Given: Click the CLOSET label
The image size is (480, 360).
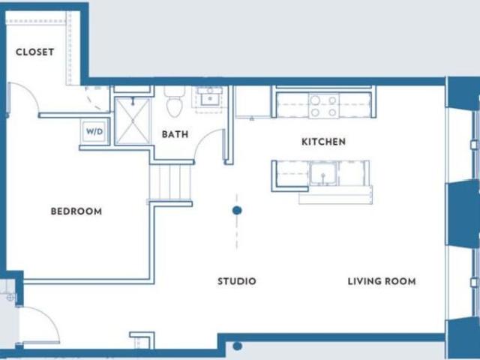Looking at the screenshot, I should coord(34,52).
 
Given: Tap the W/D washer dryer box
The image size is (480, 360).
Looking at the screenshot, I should coord(94,131).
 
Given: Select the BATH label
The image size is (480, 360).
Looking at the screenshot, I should coord(175,135).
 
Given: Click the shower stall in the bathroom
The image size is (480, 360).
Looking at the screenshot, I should coord(133,121).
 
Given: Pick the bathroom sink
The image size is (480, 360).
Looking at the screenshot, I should coord(208,97).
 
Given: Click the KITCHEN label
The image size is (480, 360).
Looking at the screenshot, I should coord(323,142).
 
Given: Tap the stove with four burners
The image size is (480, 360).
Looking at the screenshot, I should coord(323,106).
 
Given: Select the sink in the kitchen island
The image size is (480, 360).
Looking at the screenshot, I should coord(324,173).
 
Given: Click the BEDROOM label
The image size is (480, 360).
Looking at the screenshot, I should coord(76,211).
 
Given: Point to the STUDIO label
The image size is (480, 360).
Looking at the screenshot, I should coord(236,281).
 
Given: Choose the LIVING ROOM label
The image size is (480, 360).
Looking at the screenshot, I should coord(381,281).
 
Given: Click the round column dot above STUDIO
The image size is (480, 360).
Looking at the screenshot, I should coord(237,211).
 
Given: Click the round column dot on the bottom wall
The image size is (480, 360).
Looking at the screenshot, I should coord(237,346).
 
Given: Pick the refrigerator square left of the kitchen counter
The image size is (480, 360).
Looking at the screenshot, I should coord(252,102).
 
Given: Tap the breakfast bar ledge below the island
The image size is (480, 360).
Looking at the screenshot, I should coord(335,199).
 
